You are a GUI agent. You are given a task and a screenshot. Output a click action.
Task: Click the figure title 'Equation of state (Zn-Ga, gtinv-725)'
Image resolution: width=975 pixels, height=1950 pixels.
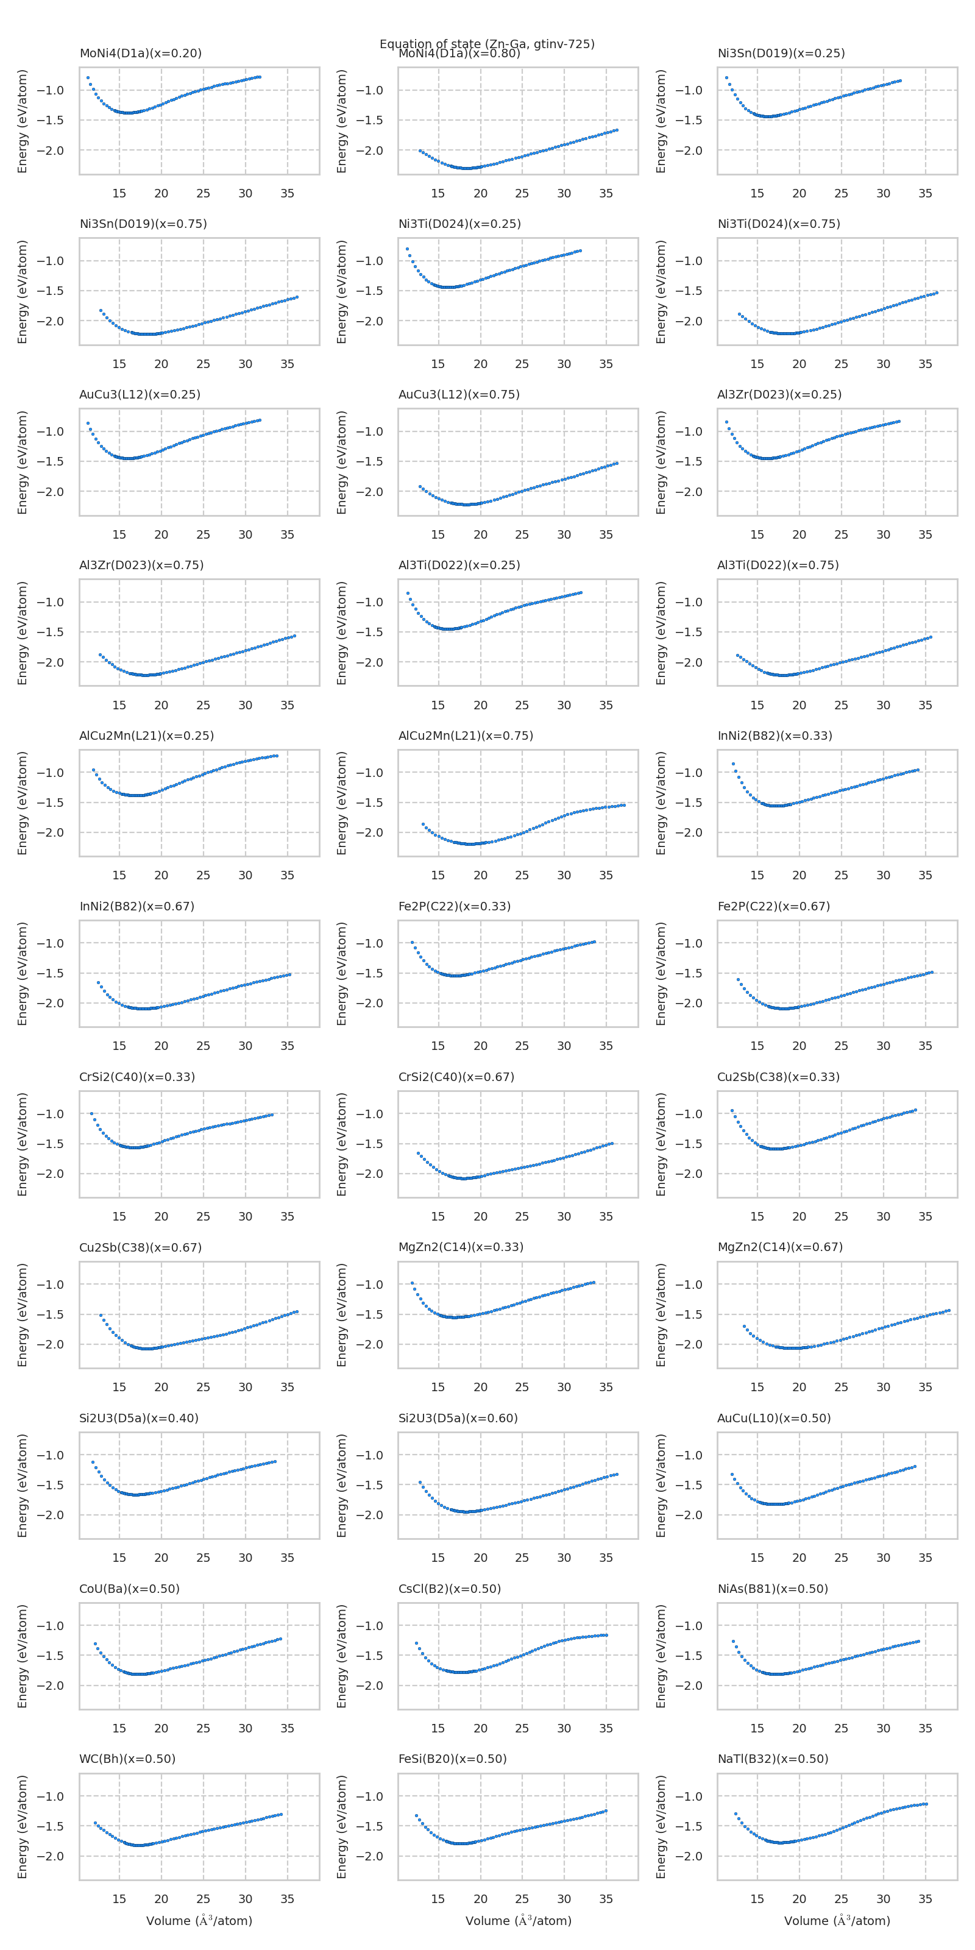coord(487,44)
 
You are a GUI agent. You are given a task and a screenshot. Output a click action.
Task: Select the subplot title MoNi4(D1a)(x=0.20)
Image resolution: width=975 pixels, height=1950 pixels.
coord(140,53)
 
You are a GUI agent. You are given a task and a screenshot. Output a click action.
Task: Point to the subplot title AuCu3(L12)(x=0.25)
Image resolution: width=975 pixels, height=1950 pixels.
coord(140,394)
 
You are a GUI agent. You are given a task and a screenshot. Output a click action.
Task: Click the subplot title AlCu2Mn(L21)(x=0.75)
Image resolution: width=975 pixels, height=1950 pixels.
coord(466,735)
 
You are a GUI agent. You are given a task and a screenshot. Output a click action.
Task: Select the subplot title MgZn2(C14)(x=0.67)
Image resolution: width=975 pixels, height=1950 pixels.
coord(780,1247)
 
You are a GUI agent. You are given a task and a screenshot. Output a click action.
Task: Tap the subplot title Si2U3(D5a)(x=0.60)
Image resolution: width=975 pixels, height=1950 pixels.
coord(458,1418)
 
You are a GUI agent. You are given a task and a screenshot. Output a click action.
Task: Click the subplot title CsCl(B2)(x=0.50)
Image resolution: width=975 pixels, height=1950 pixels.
coord(450,1588)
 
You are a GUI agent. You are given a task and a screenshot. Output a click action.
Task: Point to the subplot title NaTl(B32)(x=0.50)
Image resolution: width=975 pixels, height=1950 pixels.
coord(773,1759)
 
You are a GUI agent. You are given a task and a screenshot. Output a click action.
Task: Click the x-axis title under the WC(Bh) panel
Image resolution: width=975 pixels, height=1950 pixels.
coord(199,1921)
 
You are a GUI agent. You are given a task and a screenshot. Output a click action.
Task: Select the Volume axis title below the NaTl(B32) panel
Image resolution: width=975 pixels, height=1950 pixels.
coord(837,1921)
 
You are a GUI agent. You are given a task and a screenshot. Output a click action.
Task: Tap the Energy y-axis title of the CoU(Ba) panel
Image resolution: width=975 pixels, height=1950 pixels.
coord(23,1656)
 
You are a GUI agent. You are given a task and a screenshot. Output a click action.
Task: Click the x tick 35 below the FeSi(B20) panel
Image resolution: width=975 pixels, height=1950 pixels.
coord(606,1899)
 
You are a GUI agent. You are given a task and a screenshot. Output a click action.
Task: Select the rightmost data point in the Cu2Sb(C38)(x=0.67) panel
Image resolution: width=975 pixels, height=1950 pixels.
coord(297,1311)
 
